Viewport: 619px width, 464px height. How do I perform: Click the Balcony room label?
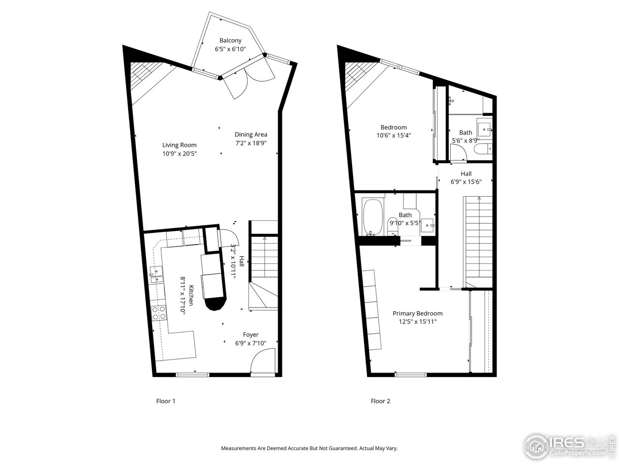click(x=230, y=41)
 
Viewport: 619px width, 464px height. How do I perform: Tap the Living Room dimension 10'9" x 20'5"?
click(x=179, y=153)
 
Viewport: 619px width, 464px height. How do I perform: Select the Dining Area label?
click(x=251, y=134)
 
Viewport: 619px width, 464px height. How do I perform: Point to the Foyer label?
click(x=251, y=334)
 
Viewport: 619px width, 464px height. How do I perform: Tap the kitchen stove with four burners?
click(x=159, y=313)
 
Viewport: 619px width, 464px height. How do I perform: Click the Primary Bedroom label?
click(x=417, y=313)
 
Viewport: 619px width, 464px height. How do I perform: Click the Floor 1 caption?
click(x=166, y=401)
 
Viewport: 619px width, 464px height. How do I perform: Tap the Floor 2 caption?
click(x=381, y=401)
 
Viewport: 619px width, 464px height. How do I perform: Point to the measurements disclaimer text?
click(x=309, y=448)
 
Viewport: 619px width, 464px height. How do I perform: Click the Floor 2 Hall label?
click(x=466, y=174)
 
